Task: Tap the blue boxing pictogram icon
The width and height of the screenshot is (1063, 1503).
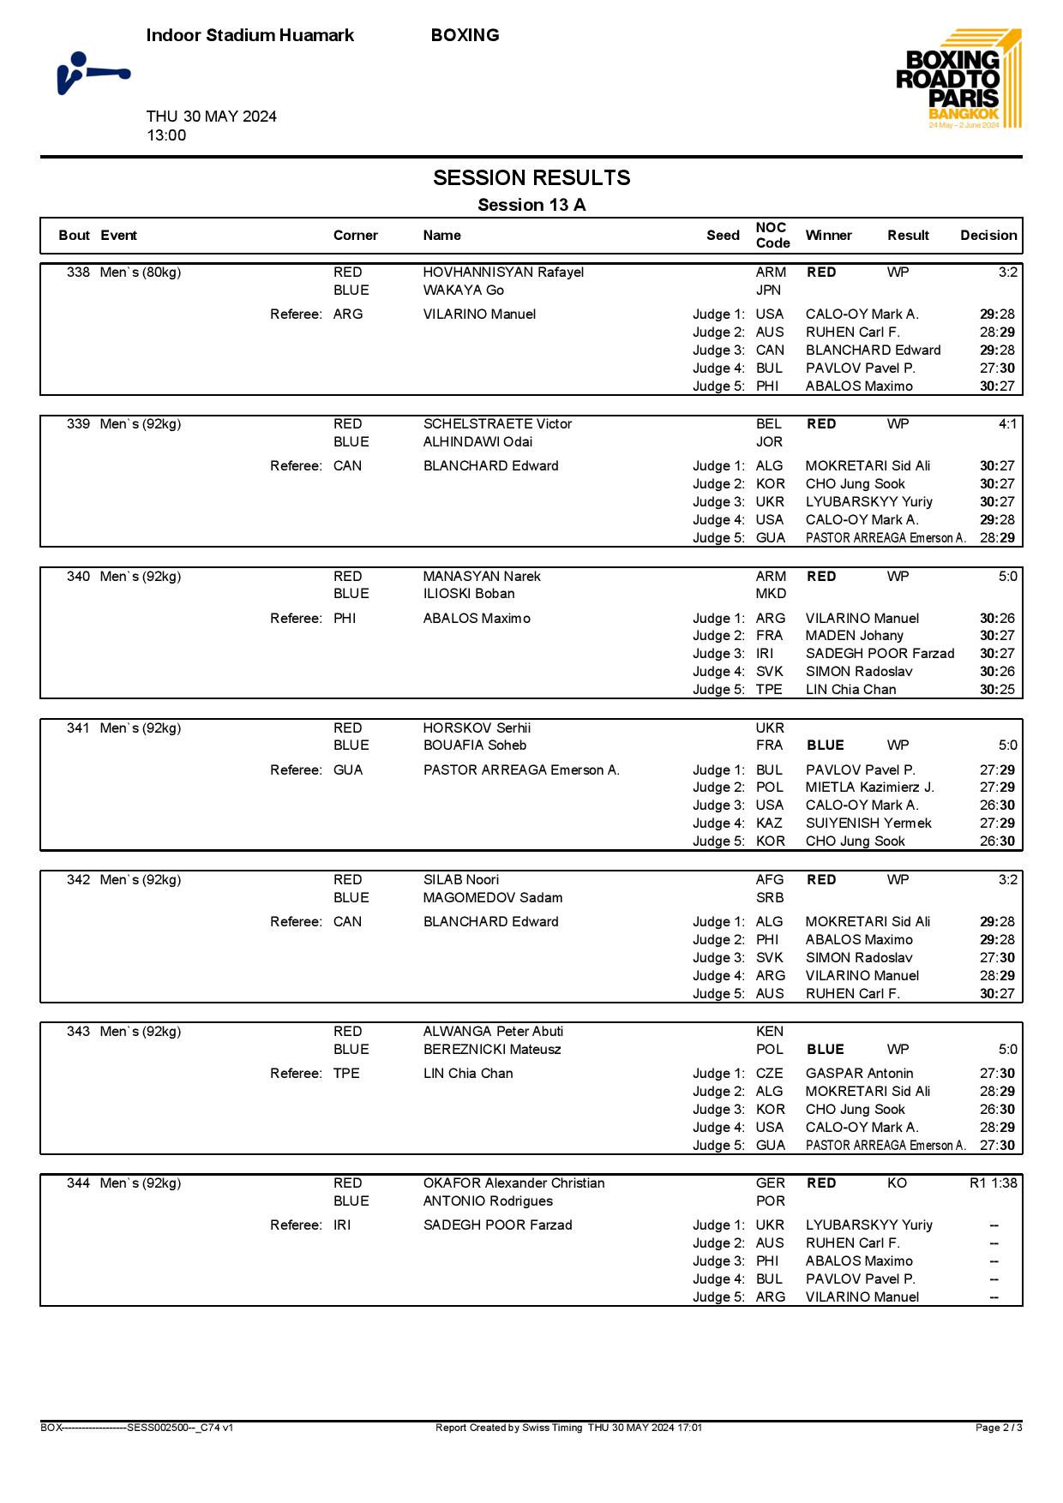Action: tap(93, 73)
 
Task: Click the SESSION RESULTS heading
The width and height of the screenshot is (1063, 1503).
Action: tap(531, 177)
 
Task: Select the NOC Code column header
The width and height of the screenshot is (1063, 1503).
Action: tap(772, 235)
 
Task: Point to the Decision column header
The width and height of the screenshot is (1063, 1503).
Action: tap(988, 235)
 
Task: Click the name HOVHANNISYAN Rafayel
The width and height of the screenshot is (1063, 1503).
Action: tap(503, 272)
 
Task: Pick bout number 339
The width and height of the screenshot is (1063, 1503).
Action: tap(78, 424)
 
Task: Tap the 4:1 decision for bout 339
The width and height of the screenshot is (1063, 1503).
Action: tap(1007, 424)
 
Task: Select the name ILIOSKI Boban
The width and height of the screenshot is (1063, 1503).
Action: tap(469, 594)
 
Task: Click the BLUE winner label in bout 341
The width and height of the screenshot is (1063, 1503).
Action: tap(826, 746)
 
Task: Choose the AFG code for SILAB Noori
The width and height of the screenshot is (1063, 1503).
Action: tap(770, 880)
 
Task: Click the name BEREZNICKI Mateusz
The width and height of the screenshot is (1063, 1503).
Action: tap(492, 1050)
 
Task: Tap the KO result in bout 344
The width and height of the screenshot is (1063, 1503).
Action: tap(897, 1183)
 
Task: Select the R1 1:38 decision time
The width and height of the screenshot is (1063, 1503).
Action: tap(993, 1183)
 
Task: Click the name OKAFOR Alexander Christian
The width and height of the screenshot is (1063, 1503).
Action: tap(513, 1183)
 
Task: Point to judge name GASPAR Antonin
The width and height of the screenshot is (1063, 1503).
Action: tap(859, 1074)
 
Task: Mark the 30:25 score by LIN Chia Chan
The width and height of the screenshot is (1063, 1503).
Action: tap(997, 690)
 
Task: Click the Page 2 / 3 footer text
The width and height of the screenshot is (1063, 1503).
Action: tap(999, 1428)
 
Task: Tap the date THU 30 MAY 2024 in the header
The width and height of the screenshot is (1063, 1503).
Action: tap(211, 117)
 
